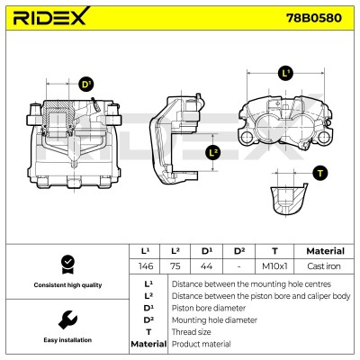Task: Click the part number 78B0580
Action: (314, 18)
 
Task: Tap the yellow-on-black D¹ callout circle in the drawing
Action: (86, 85)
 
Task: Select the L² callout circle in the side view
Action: (213, 153)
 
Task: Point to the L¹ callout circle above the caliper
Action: (285, 74)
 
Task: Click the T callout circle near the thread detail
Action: (320, 174)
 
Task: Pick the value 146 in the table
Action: (146, 266)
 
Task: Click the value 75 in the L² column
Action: (175, 266)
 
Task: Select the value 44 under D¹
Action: (206, 266)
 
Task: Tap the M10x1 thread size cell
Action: (274, 266)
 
